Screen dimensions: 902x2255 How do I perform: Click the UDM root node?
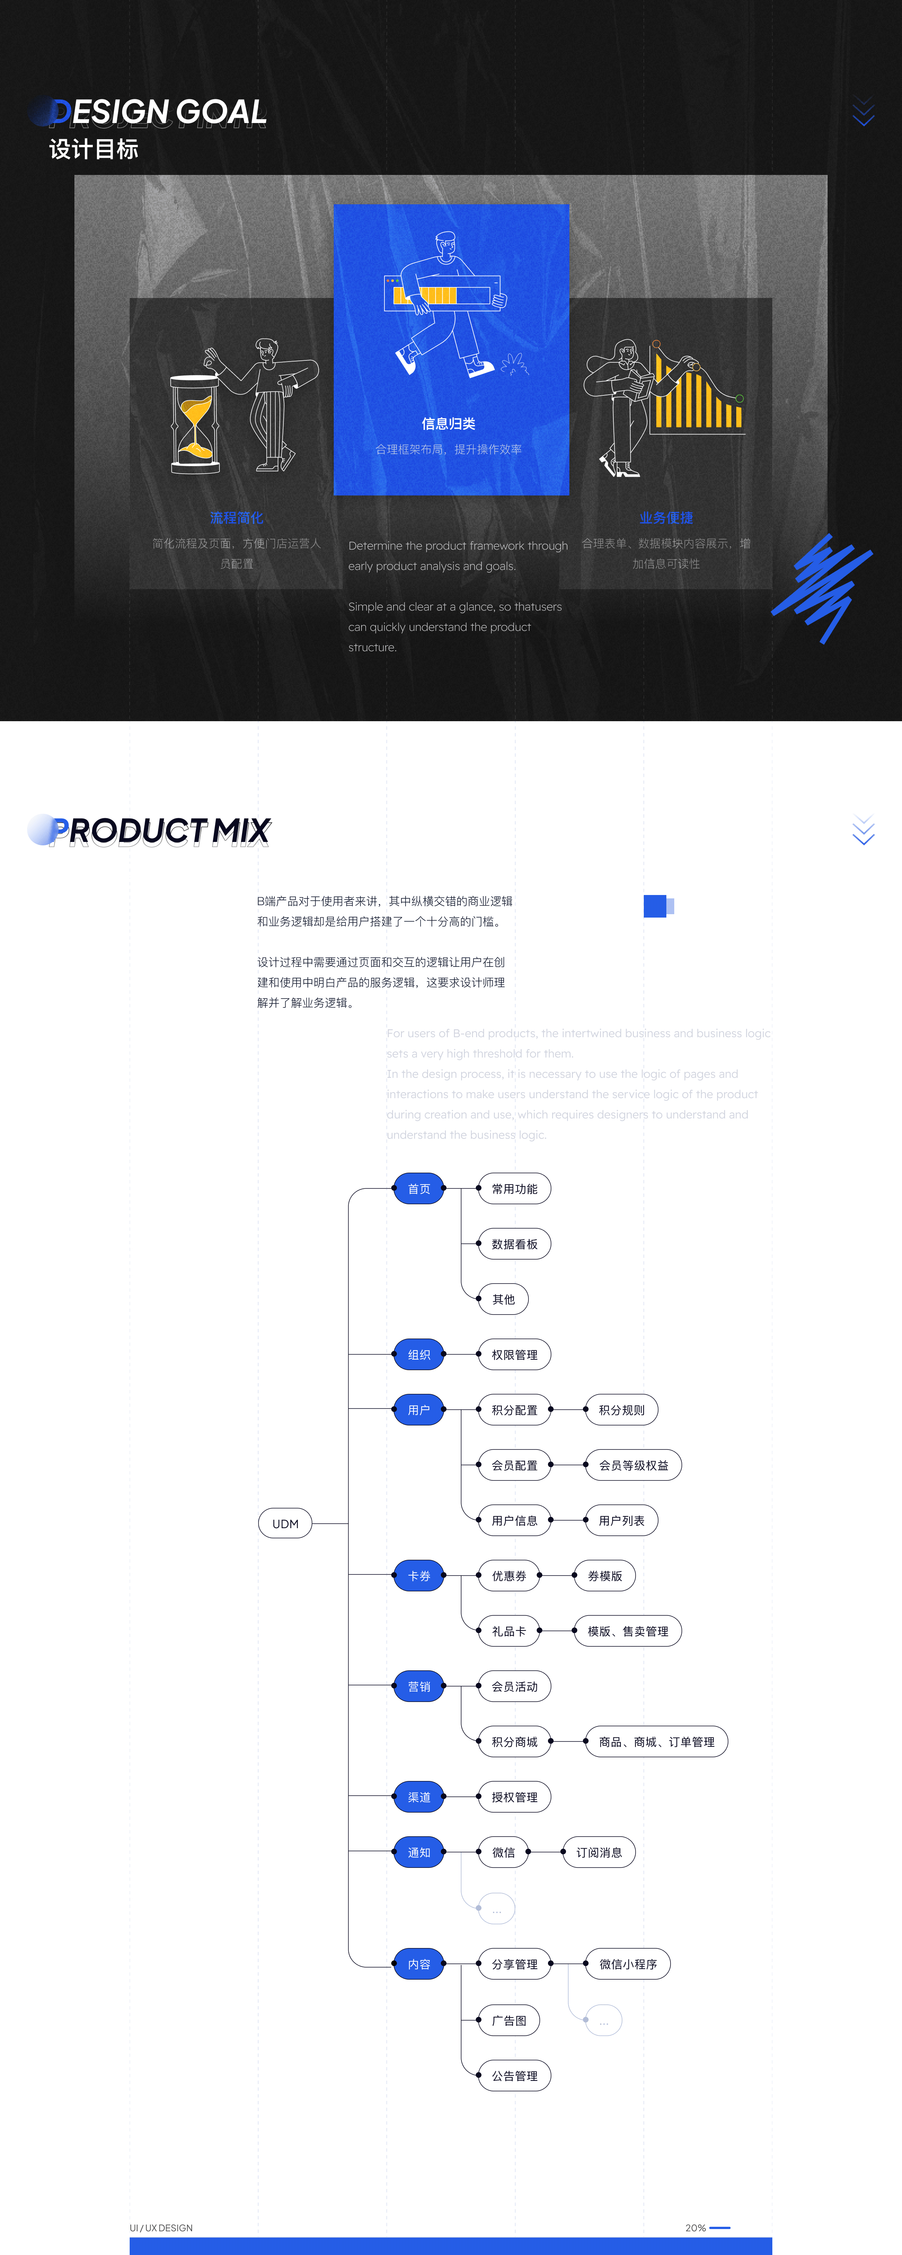click(285, 1523)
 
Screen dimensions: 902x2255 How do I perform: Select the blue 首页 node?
click(419, 1189)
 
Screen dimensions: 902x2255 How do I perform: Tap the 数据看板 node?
click(515, 1244)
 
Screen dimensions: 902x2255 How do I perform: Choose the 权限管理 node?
click(515, 1354)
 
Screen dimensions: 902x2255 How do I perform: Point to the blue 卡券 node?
click(419, 1576)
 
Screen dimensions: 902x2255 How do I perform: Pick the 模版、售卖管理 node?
click(627, 1631)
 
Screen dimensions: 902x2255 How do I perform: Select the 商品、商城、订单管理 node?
click(656, 1742)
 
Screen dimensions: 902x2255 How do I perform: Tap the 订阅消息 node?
click(599, 1852)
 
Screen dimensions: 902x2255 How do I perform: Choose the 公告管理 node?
click(515, 2076)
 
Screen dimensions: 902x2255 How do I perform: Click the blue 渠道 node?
click(419, 1797)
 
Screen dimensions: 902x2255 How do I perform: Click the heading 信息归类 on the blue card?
click(449, 424)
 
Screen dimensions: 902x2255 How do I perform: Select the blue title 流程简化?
click(236, 517)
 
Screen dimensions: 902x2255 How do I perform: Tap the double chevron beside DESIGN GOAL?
click(864, 112)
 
